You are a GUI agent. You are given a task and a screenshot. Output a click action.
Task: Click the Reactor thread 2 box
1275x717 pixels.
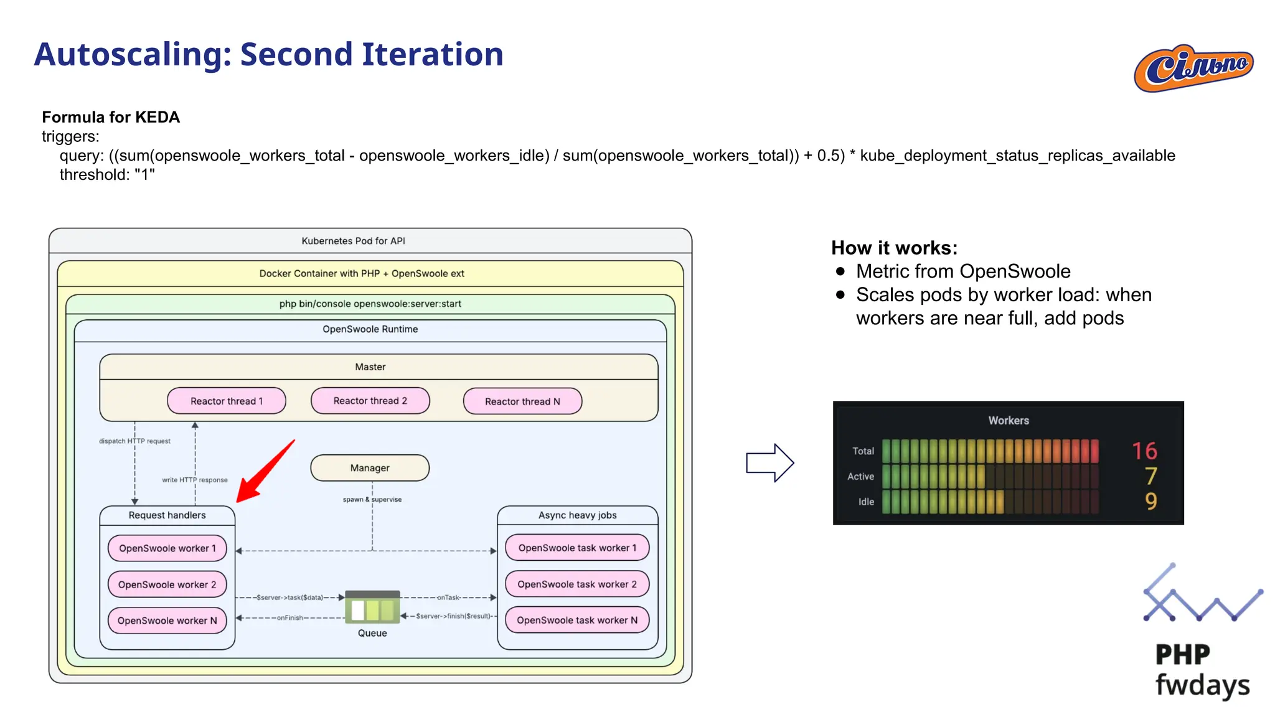coord(370,401)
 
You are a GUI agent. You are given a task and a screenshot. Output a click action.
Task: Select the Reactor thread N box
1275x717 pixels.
coord(522,401)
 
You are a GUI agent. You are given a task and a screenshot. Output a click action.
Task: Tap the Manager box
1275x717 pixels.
coord(370,468)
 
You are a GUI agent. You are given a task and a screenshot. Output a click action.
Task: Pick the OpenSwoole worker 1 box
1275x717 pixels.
coord(167,548)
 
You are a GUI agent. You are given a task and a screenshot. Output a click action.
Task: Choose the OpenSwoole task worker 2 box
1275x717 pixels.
coord(577,584)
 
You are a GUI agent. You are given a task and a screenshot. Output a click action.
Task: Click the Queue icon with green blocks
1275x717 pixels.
coord(372,607)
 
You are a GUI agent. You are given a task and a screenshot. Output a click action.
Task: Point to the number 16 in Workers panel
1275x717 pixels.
coord(1144,451)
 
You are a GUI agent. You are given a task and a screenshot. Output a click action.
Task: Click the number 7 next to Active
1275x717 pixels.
coord(1150,476)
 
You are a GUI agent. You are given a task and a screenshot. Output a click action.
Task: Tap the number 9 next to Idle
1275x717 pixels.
coord(1150,502)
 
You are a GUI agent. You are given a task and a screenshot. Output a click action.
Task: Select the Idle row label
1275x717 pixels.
coord(866,502)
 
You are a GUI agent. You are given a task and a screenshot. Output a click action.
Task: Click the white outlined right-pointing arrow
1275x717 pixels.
coord(770,463)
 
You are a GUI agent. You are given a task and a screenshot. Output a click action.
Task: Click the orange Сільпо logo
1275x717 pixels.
coord(1193,68)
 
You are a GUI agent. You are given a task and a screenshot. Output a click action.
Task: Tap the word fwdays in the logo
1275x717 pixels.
coord(1202,685)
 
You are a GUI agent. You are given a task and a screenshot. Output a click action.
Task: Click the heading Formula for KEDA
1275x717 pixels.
coord(111,117)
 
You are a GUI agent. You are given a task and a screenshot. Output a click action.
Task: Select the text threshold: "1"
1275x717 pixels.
coord(107,175)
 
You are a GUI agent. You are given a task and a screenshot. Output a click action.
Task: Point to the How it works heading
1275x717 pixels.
coord(894,248)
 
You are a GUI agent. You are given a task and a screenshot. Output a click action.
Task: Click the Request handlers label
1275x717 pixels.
coord(167,515)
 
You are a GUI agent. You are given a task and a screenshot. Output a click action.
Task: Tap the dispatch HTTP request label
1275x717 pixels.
coord(134,441)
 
